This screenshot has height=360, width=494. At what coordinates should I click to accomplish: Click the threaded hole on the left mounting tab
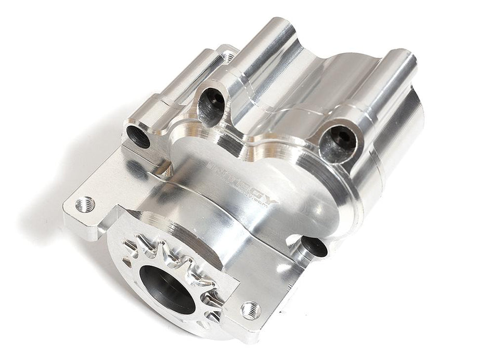pos(84,204)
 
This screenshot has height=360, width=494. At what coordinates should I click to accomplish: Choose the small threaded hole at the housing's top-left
pos(227,56)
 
